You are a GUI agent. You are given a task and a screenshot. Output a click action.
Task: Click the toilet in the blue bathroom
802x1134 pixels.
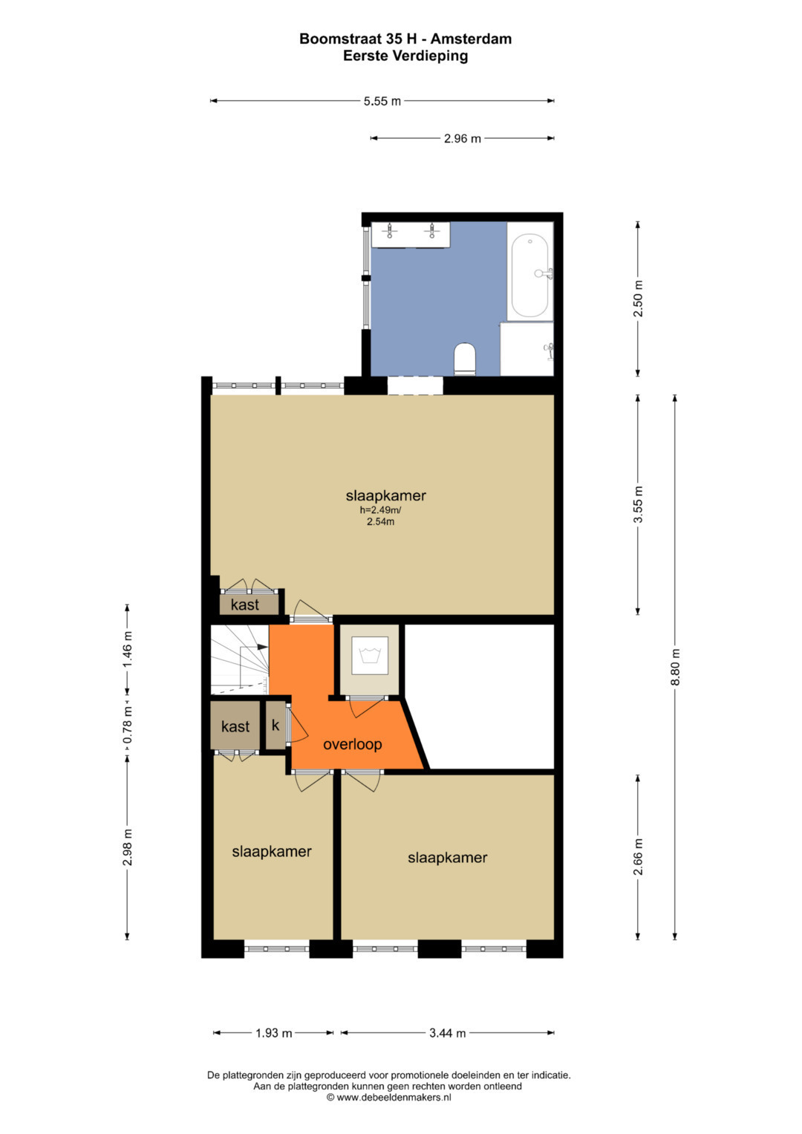tap(464, 359)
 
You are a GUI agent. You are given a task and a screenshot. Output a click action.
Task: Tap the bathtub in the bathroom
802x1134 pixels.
tap(529, 276)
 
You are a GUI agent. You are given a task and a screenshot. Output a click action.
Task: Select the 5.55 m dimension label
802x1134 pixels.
tap(382, 101)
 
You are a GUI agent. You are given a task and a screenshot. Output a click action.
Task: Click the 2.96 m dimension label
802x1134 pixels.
tap(462, 138)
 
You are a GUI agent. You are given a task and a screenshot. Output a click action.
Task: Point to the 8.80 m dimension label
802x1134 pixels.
tap(674, 666)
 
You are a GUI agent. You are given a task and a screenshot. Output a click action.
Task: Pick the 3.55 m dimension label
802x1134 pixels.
tap(638, 504)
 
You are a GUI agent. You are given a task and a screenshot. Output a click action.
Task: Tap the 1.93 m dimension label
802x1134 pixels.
tap(273, 1033)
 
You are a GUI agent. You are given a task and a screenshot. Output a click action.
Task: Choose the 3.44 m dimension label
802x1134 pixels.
tap(448, 1033)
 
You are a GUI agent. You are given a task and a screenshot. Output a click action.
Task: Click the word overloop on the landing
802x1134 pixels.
tap(353, 744)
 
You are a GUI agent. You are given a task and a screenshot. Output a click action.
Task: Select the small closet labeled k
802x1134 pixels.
tap(276, 725)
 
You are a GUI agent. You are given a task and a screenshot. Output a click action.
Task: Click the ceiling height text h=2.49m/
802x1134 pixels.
tap(380, 509)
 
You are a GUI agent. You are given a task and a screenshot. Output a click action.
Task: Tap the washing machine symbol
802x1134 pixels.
tap(370, 656)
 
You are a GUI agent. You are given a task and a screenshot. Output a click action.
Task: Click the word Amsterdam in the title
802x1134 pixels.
tap(471, 39)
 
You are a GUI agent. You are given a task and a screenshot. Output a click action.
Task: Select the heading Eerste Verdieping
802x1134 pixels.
tap(405, 56)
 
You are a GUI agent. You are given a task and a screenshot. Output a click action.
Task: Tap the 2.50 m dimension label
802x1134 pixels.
tap(638, 299)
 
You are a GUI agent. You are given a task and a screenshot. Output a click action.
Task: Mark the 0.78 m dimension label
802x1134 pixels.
tap(127, 726)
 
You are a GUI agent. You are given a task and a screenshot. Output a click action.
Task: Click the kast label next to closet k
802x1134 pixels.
tap(235, 727)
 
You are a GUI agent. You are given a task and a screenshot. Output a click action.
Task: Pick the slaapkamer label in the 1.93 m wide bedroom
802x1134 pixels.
tap(272, 852)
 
